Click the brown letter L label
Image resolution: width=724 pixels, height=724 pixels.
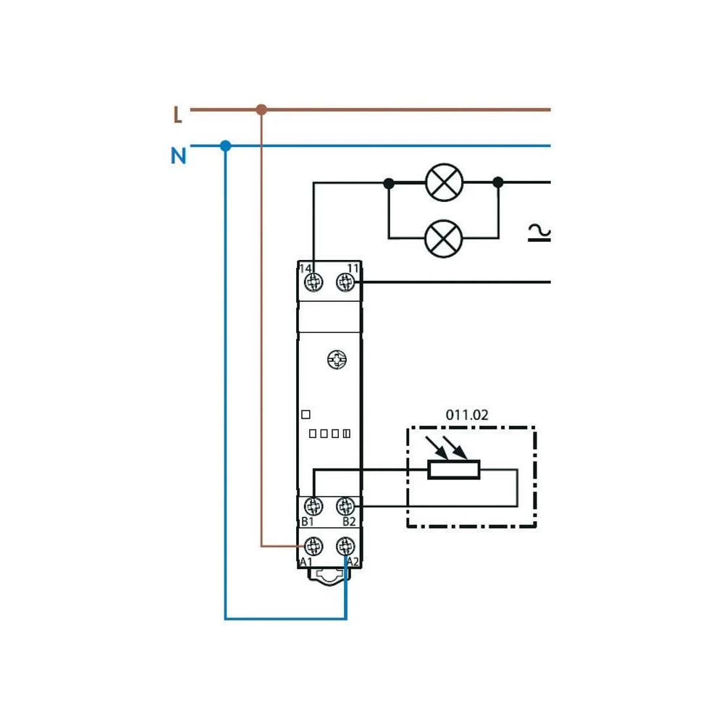coord(177,115)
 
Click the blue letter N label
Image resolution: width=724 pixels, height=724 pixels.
coord(178,155)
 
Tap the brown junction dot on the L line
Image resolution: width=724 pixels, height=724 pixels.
coord(261,110)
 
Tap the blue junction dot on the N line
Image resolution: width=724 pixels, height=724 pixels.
coord(225,146)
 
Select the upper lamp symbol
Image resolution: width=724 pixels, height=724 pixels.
coord(443,182)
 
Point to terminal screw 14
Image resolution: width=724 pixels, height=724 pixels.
coord(313,282)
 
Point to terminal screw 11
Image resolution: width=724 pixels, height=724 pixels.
coord(345,282)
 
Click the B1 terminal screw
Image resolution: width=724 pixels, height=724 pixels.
coord(313,505)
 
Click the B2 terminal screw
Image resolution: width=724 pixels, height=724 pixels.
coord(345,505)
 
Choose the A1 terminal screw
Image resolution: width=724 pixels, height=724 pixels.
coord(313,545)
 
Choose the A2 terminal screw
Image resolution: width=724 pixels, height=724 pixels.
coord(345,545)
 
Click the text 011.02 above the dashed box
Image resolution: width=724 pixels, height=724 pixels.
coord(466,416)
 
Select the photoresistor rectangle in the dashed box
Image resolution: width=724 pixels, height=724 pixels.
coord(454,470)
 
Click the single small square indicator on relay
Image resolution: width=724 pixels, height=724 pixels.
coord(306,415)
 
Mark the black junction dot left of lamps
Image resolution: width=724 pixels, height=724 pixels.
coord(389,183)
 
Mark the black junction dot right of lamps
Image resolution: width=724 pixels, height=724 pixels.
coord(498,183)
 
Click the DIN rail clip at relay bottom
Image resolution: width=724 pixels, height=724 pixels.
coord(329,575)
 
